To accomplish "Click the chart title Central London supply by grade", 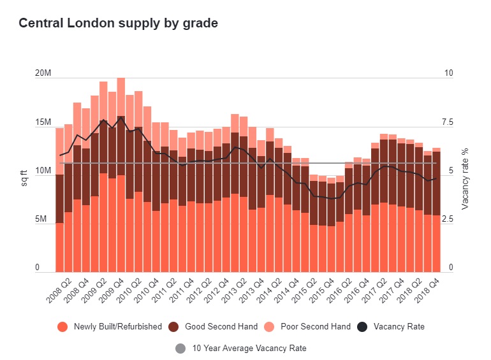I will coord(118,24).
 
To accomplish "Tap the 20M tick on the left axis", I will coord(43,73).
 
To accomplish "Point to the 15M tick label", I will coord(43,122).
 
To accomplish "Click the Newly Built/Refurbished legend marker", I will coord(62,327).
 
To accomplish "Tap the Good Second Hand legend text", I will coord(221,327).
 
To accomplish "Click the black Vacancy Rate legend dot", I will coord(362,327).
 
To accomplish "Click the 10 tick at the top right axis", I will coord(449,73).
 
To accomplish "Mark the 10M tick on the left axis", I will coord(43,171).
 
